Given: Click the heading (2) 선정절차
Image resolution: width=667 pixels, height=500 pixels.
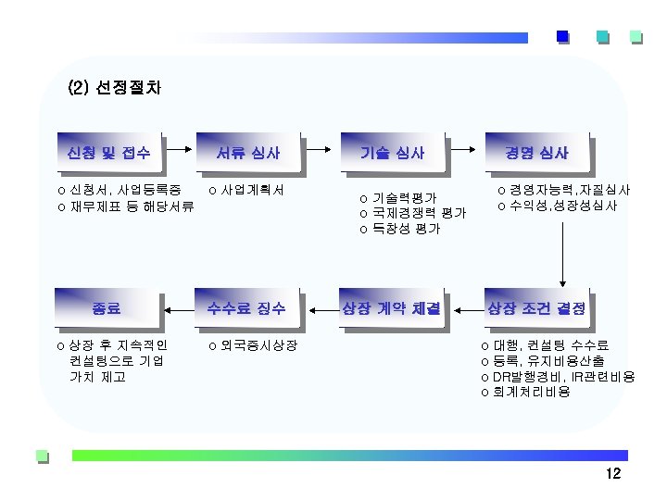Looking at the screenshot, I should click(115, 90).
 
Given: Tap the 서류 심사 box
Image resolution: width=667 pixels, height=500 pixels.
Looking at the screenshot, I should click(248, 152).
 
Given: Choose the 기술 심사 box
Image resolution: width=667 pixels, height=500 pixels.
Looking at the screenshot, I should click(393, 152).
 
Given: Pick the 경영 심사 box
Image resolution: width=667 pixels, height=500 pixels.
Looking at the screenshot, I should click(536, 152).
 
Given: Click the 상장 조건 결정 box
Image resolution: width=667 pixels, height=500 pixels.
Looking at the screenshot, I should click(536, 307).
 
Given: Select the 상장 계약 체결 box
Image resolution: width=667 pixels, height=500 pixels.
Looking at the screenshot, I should click(393, 307).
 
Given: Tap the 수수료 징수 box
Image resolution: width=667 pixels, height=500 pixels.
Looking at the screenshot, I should click(248, 307).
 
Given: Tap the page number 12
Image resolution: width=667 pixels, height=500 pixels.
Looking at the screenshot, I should click(612, 475).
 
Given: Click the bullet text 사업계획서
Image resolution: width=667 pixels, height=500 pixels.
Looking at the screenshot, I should click(252, 190).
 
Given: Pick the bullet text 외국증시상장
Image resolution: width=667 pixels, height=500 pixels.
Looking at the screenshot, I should click(258, 345).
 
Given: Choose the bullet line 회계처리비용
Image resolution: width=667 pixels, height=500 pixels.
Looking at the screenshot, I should click(531, 393).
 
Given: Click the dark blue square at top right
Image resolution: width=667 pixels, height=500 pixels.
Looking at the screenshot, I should click(561, 37).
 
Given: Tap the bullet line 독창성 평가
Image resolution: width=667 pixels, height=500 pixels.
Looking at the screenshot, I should click(405, 228).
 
